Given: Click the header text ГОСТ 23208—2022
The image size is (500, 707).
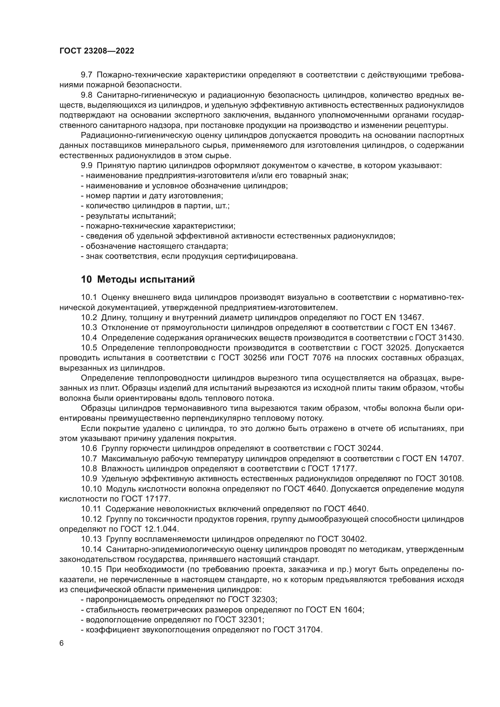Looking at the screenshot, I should pos(97,51).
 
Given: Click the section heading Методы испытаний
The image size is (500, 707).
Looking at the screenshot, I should pos(146,280).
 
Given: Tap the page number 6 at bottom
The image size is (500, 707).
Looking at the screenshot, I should pos(62,644).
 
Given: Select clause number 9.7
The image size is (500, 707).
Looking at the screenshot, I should pos(86,75).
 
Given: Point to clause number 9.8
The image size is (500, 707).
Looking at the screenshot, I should pos(86,95).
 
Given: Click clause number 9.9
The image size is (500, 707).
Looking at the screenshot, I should pos(86,166).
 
